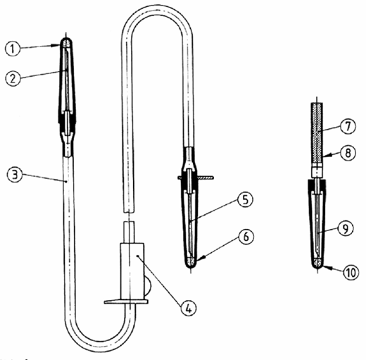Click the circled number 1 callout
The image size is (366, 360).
pyautogui.click(x=13, y=49)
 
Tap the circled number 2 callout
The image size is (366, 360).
pyautogui.click(x=13, y=78)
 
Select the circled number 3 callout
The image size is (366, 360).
pyautogui.click(x=15, y=175)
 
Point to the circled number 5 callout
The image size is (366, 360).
pyautogui.click(x=245, y=199)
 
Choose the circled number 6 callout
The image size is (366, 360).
pyautogui.click(x=246, y=236)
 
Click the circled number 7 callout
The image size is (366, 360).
pyautogui.click(x=348, y=126)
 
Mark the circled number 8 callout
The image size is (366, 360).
pyautogui.click(x=348, y=153)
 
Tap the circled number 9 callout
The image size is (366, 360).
pyautogui.click(x=346, y=228)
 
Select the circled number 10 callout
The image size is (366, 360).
pyautogui.click(x=351, y=273)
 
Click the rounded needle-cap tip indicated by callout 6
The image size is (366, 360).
pyautogui.click(x=191, y=263)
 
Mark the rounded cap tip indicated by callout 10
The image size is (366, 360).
pyautogui.click(x=317, y=263)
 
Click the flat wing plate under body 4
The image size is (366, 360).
pyautogui.click(x=126, y=302)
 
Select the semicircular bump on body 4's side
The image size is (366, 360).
pyautogui.click(x=148, y=285)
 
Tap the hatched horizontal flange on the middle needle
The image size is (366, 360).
pyautogui.click(x=196, y=178)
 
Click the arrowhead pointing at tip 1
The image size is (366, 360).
pyautogui.click(x=60, y=45)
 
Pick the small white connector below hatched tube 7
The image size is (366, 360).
pyautogui.click(x=317, y=172)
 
